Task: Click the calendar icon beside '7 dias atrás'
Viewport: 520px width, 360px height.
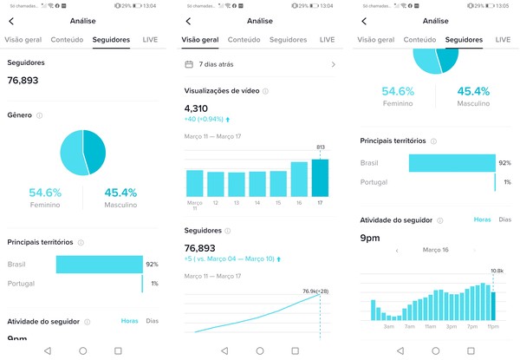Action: tap(189, 64)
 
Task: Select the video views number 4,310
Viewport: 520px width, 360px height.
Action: tap(197, 108)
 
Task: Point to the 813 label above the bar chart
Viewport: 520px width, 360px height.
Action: tap(322, 147)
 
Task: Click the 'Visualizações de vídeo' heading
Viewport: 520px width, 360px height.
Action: tap(221, 90)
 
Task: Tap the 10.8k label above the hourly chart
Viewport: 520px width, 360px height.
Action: tap(497, 271)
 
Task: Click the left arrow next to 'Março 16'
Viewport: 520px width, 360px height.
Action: tap(396, 250)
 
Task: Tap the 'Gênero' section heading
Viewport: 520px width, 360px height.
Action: tap(19, 115)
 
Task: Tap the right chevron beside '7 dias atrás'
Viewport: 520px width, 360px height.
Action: tap(334, 64)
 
